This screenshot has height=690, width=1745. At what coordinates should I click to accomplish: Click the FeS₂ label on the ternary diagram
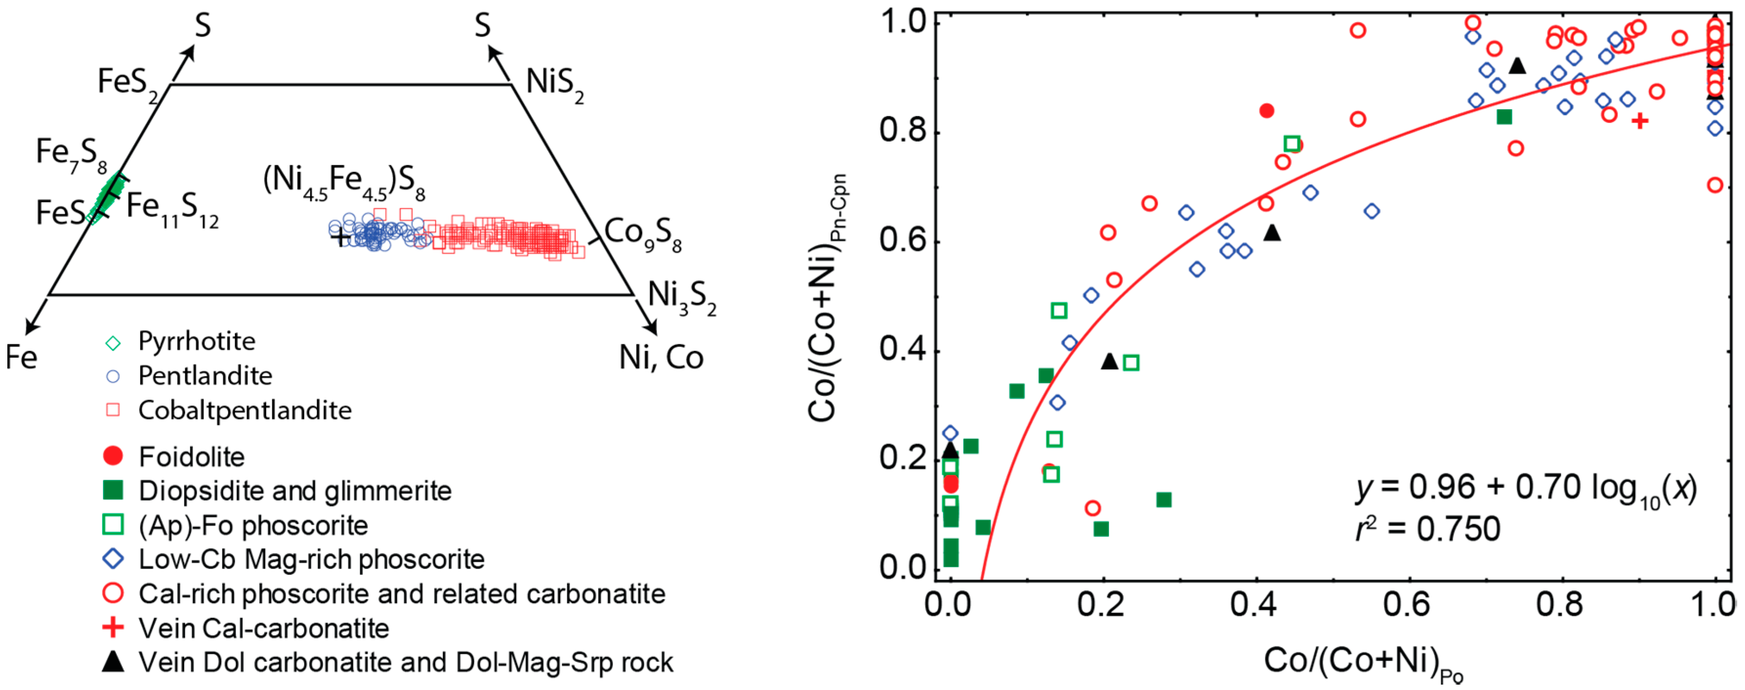pyautogui.click(x=126, y=84)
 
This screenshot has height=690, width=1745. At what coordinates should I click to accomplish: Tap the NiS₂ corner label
pyautogui.click(x=554, y=84)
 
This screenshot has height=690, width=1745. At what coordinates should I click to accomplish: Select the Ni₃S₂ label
pyautogui.click(x=681, y=297)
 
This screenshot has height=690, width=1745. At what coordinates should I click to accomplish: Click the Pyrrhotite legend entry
pyautogui.click(x=196, y=341)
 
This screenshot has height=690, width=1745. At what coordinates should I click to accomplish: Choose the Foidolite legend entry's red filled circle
pyautogui.click(x=113, y=456)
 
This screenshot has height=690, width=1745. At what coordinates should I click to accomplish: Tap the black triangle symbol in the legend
pyautogui.click(x=113, y=662)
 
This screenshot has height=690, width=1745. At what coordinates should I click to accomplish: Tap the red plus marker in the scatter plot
pyautogui.click(x=1640, y=121)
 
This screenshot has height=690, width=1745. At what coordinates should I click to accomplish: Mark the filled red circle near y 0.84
pyautogui.click(x=1266, y=110)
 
